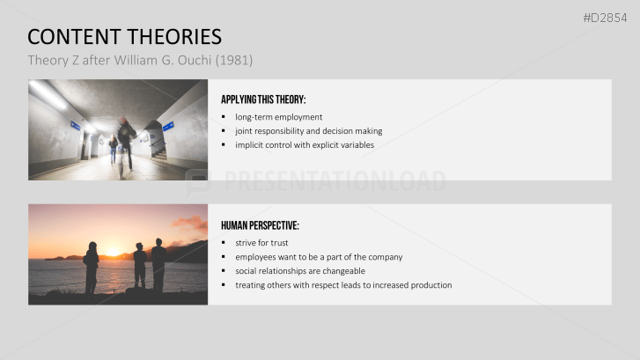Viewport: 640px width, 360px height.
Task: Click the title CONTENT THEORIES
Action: (124, 37)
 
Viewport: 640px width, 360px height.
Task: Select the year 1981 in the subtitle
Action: (234, 60)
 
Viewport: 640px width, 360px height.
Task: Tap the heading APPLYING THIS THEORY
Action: (263, 99)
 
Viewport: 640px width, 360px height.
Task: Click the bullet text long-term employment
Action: (278, 117)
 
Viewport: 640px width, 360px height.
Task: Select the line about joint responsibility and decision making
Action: (308, 131)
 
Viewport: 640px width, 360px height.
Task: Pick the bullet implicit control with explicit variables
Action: (304, 145)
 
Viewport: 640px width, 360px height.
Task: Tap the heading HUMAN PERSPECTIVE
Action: (260, 225)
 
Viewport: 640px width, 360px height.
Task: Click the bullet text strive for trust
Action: (261, 243)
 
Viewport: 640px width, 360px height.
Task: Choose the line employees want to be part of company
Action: (318, 257)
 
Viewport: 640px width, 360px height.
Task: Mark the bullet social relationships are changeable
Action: (299, 271)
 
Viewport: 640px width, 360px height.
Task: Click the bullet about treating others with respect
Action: (342, 285)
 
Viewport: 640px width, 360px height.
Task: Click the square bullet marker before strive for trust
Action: (224, 243)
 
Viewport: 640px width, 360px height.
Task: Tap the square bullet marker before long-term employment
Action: (224, 117)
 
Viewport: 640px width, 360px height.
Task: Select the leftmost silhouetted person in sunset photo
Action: (91, 267)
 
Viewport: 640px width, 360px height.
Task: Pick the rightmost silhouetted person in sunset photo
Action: (158, 264)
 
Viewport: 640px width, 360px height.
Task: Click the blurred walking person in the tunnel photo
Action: (127, 143)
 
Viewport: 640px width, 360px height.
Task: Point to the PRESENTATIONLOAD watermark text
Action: (334, 181)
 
